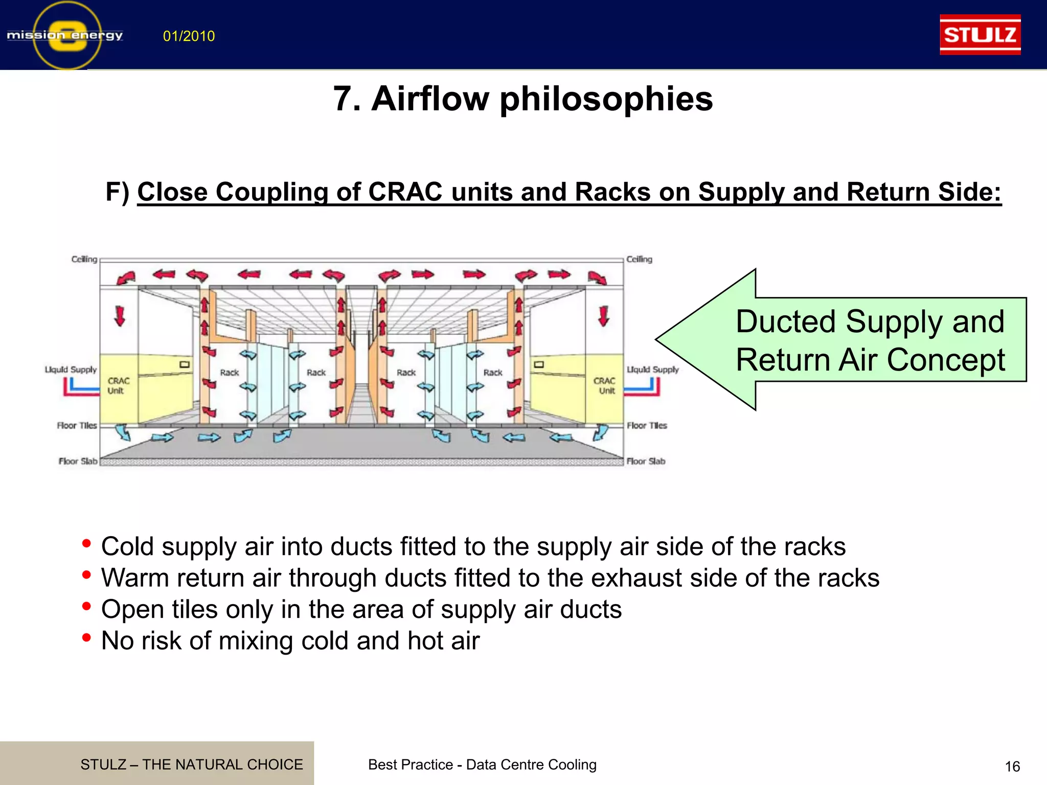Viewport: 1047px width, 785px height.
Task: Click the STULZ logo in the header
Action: click(x=980, y=35)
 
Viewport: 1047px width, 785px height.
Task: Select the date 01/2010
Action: click(x=189, y=36)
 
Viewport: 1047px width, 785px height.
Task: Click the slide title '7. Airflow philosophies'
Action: click(x=522, y=98)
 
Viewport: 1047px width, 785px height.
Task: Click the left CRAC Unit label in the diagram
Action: click(x=118, y=386)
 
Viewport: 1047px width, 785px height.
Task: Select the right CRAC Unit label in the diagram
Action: click(x=604, y=386)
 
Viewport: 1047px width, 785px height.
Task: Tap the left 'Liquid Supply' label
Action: click(x=71, y=370)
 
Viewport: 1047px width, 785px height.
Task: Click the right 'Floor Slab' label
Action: click(x=646, y=461)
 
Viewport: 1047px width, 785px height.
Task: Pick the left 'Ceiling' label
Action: click(x=84, y=259)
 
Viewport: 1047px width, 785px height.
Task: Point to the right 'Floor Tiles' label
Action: click(x=647, y=425)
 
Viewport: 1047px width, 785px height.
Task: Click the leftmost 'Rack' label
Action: click(x=230, y=373)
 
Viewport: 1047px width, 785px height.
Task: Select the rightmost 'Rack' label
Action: click(x=493, y=373)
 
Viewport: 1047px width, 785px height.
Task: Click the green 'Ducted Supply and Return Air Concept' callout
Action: click(x=869, y=340)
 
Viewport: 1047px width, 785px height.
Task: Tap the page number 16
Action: click(x=1012, y=767)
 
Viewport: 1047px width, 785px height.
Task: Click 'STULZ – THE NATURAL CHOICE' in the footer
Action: click(x=191, y=765)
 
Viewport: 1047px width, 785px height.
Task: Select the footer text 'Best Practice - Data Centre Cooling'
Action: click(x=482, y=765)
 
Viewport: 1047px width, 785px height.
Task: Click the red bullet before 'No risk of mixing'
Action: click(x=86, y=638)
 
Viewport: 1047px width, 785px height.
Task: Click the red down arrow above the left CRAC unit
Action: click(x=120, y=315)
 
